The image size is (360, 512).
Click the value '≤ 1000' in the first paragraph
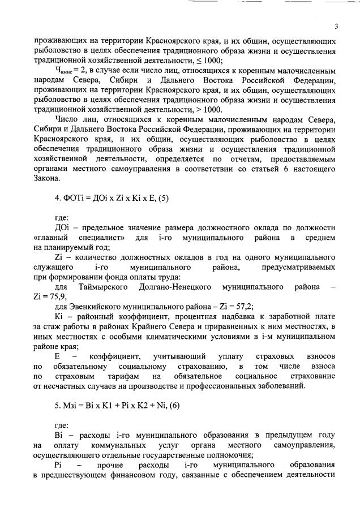pyautogui.click(x=211, y=61)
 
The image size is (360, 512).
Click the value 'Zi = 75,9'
pyautogui.click(x=50, y=296)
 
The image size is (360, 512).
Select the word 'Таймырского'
pyautogui.click(x=97, y=286)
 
